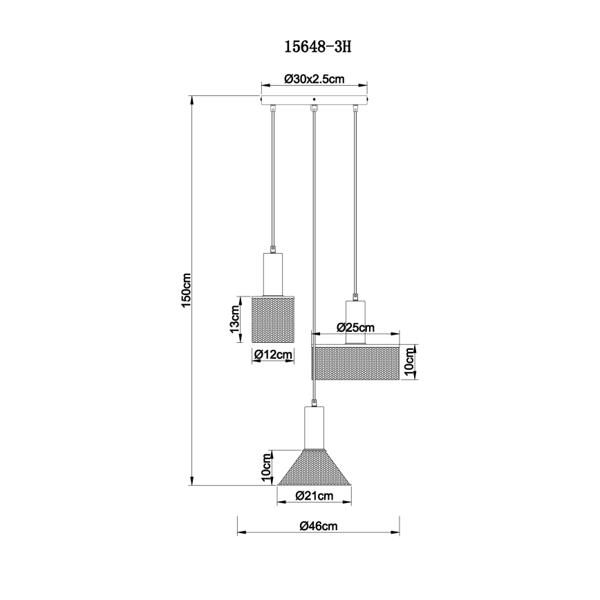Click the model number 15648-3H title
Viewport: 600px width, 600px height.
pos(314,47)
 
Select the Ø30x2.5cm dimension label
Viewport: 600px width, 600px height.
pos(314,79)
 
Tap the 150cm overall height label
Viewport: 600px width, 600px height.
pos(186,290)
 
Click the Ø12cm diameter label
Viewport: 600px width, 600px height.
pos(274,355)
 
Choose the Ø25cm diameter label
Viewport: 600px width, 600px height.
pos(355,327)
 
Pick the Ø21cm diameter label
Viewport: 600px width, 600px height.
pos(315,495)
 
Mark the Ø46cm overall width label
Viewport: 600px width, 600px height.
pos(319,527)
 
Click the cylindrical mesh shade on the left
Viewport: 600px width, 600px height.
pos(274,318)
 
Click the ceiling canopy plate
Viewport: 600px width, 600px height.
pos(315,100)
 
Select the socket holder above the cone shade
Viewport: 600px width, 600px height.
pos(315,427)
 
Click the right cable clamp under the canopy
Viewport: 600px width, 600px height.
pos(355,109)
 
